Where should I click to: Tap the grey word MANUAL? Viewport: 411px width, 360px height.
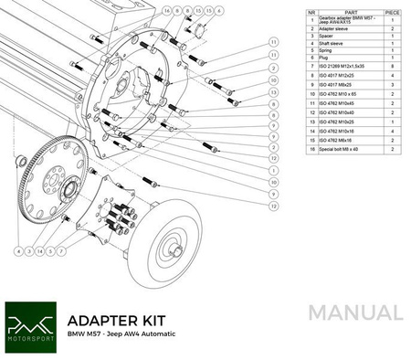pyautogui.click(x=355, y=312)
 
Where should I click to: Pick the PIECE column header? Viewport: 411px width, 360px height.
pyautogui.click(x=393, y=13)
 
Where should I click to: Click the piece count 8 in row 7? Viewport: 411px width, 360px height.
pyautogui.click(x=393, y=67)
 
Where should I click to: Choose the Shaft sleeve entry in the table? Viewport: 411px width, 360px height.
pyautogui.click(x=330, y=43)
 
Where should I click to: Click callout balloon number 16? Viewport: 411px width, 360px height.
pyautogui.click(x=167, y=11)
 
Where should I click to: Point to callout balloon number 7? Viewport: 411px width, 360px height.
pyautogui.click(x=62, y=249)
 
